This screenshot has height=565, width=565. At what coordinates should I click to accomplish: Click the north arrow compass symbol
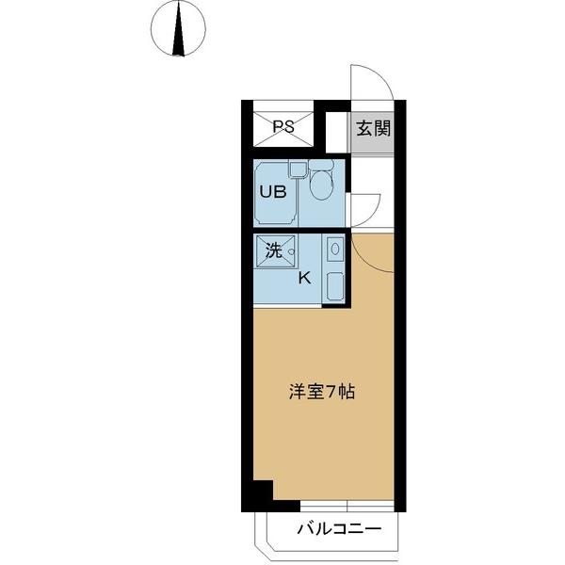178,28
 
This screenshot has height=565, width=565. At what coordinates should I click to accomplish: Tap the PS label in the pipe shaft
283,127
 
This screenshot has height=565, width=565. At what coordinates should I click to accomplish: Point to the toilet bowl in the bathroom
320,186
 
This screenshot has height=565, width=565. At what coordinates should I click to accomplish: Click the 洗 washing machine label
272,251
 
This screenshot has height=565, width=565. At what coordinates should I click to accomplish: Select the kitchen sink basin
334,250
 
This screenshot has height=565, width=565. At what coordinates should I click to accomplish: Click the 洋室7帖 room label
321,392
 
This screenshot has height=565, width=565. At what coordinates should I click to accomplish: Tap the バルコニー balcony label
340,529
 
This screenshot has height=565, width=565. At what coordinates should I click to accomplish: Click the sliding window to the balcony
346,505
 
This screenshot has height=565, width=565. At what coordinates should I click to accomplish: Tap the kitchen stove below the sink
333,286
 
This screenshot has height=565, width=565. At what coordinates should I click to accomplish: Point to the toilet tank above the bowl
322,165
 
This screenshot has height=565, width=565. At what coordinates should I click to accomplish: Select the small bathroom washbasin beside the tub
297,170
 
